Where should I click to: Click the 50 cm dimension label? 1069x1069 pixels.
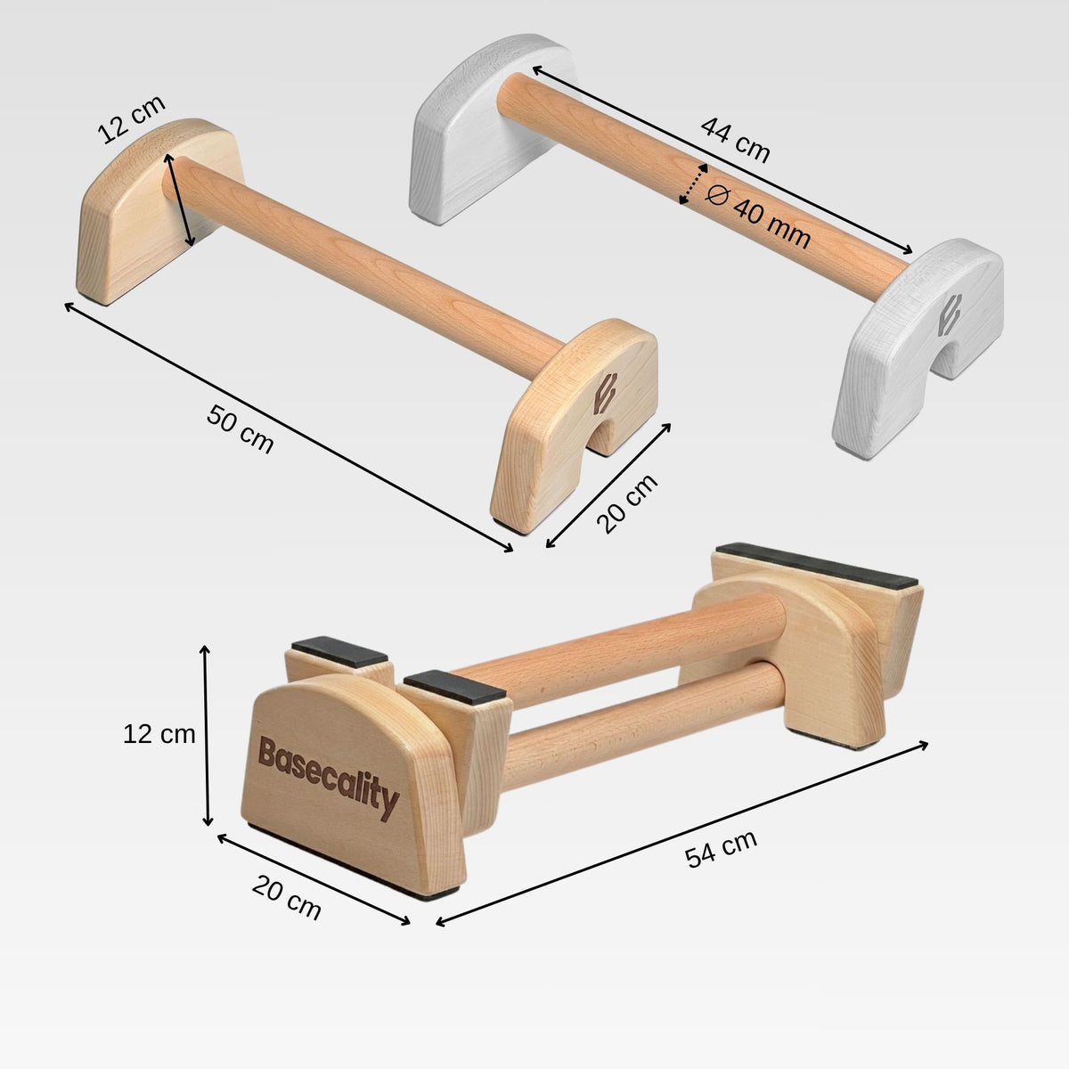coord(241,429)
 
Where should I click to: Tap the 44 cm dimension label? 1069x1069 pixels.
coord(736,141)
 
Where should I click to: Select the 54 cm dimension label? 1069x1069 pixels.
coord(721,848)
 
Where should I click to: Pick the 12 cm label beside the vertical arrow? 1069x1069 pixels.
coord(159,734)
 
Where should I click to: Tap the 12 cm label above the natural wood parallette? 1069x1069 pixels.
coord(132,119)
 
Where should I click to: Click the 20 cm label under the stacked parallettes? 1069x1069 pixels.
coord(286,898)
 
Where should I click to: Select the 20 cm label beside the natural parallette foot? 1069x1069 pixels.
coord(627,503)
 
